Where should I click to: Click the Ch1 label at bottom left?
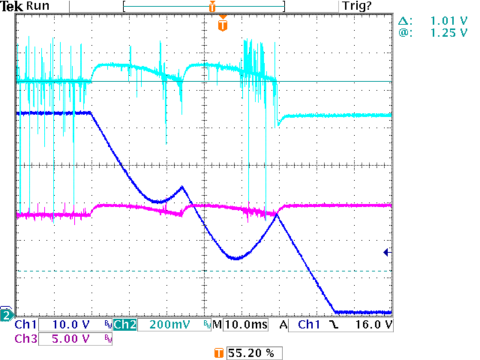click(x=25, y=325)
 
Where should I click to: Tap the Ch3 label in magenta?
click(x=25, y=338)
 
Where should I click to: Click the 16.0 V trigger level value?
click(x=364, y=325)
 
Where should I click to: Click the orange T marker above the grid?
click(x=222, y=25)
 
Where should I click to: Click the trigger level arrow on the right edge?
click(x=385, y=253)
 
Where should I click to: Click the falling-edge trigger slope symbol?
click(x=334, y=325)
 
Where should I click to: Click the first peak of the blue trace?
click(x=181, y=186)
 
